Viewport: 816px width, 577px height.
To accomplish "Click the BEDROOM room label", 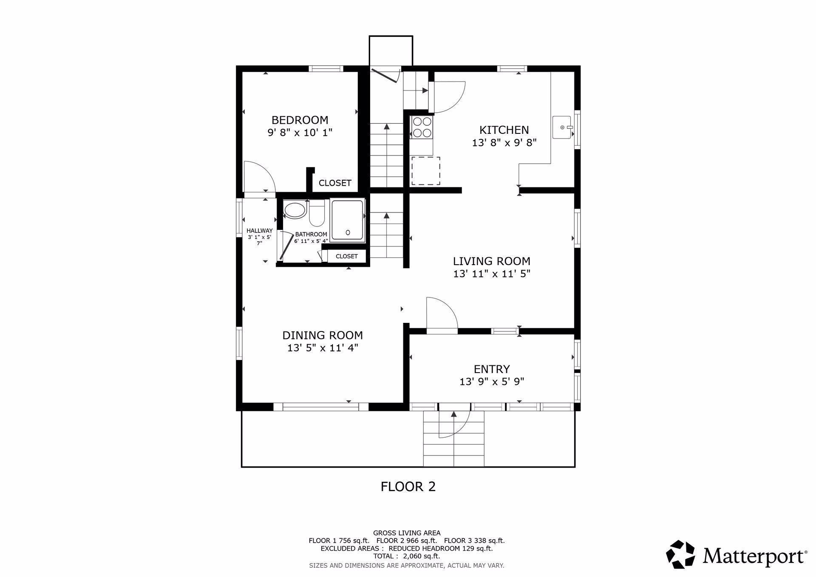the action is point(300,120).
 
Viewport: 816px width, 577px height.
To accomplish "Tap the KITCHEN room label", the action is point(504,130).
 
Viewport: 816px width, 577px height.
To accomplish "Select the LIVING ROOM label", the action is point(492,261).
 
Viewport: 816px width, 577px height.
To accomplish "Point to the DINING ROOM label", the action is point(323,335).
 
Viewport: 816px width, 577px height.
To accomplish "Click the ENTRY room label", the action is point(492,369).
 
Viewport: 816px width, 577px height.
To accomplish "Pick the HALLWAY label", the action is point(260,231).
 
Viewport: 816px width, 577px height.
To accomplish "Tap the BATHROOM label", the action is point(311,234).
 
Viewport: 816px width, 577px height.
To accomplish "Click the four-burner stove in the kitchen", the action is point(422,127).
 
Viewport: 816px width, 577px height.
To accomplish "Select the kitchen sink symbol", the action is point(563,127).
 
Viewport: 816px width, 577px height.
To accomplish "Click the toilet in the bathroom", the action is point(316,213).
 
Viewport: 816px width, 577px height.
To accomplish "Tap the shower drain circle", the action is point(348,232).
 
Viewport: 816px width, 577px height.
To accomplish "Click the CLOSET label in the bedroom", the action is point(335,183).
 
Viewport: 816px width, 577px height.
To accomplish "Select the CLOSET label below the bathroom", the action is point(347,256).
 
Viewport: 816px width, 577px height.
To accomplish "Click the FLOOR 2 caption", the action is point(408,486).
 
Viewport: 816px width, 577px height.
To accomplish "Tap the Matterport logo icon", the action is point(680,554).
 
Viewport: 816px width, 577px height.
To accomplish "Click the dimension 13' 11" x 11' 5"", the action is point(492,274).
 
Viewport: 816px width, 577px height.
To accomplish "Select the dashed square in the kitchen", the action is point(425,171).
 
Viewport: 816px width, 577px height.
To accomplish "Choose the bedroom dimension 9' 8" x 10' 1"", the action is point(300,133).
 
